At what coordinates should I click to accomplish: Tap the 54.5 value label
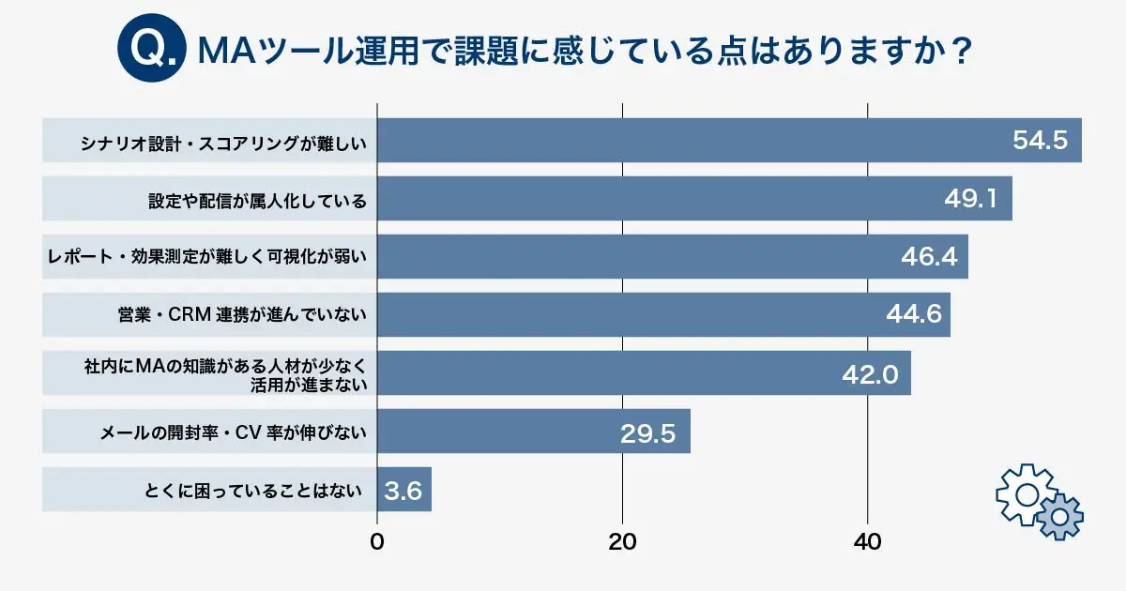[1040, 141]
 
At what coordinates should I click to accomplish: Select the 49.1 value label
[975, 199]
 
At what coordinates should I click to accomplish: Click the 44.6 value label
[913, 315]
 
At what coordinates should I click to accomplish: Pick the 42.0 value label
[870, 375]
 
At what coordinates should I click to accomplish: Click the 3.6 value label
[403, 491]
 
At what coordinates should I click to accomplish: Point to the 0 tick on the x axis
[377, 542]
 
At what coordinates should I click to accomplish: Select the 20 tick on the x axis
[622, 542]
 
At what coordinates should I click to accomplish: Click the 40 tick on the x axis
[867, 542]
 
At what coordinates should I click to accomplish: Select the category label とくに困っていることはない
[253, 491]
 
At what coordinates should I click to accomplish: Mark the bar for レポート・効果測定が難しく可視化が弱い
[672, 257]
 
